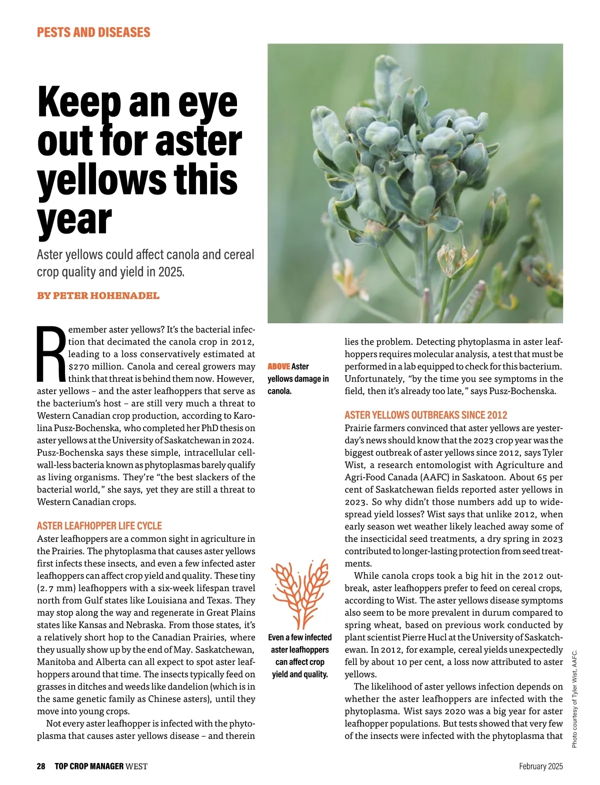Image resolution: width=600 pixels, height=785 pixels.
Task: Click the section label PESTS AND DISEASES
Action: click(x=93, y=33)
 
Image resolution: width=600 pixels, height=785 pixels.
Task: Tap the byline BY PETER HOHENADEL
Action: click(x=98, y=296)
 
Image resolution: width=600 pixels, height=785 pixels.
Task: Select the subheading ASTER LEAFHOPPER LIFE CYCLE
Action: click(x=99, y=526)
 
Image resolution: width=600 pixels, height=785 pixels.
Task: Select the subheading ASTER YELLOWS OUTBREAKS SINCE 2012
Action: click(x=426, y=415)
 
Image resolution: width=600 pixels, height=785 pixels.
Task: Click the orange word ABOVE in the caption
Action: click(x=278, y=367)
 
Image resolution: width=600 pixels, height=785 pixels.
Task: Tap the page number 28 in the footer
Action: click(x=41, y=766)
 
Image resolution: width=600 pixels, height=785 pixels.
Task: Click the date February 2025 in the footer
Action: click(x=541, y=766)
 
